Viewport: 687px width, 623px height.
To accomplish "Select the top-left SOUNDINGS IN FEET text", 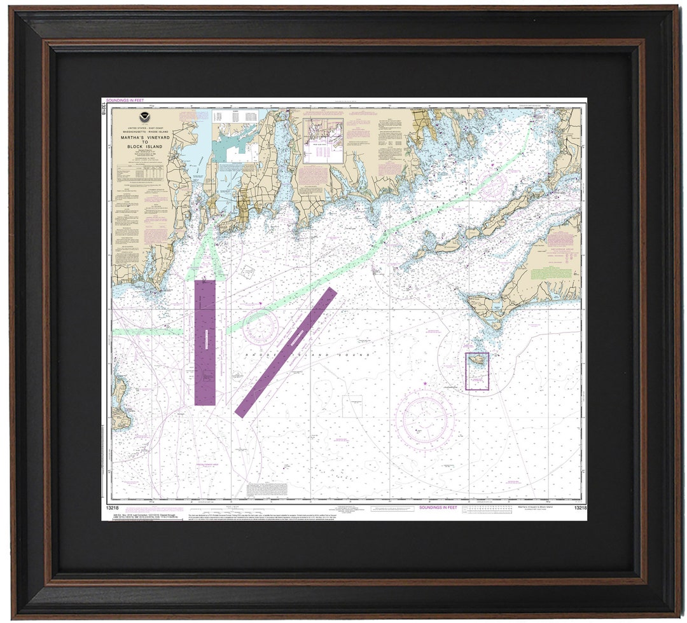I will coord(125,100).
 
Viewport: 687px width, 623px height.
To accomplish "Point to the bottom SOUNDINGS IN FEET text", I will coord(438,507).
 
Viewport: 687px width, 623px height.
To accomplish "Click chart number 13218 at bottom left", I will coord(113,507).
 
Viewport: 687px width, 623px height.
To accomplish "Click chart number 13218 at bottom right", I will coord(579,508).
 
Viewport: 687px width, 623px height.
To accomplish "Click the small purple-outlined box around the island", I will coord(477,371).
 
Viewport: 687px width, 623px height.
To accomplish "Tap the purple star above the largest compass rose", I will coord(424,383).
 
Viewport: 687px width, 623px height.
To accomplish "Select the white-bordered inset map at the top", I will coord(323,140).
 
